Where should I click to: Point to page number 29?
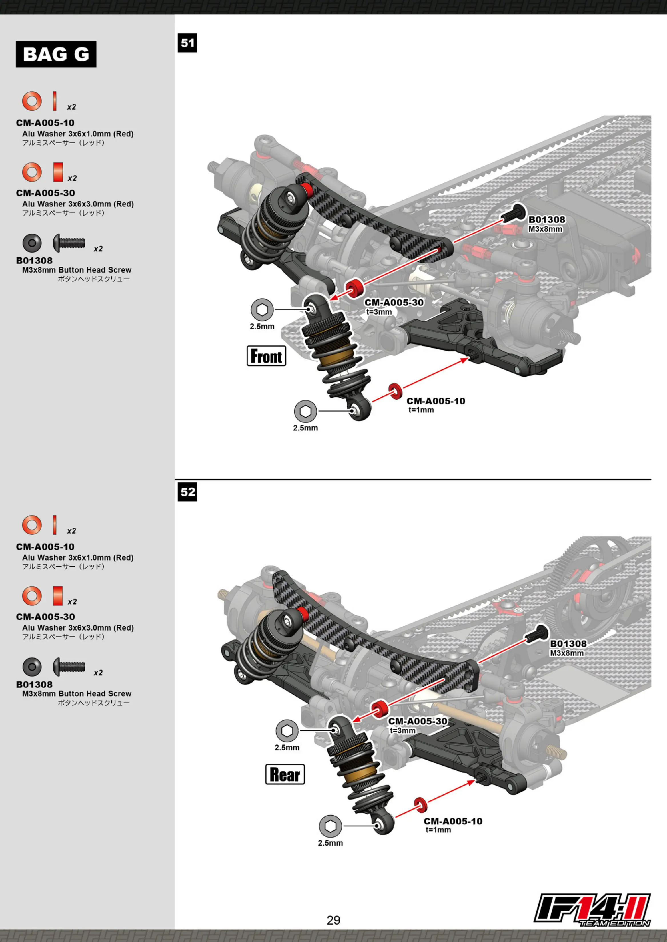333,920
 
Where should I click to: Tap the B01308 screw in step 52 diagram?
536,635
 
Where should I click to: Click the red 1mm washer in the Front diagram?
396,391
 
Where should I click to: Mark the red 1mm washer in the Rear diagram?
420,805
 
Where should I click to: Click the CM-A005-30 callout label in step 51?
394,302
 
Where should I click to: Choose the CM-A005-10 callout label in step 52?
453,821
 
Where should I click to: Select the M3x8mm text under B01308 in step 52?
567,653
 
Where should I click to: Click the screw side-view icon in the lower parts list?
69,667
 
